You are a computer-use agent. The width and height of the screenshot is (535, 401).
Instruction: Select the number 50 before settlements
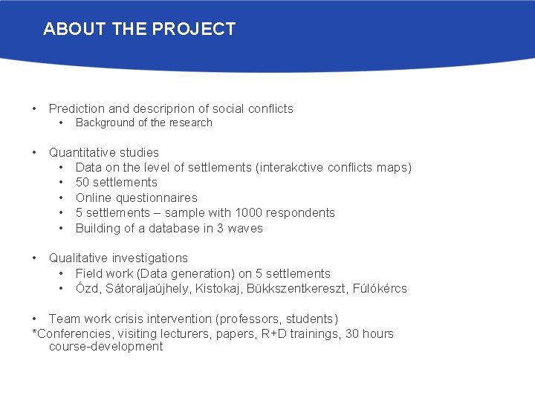point(83,183)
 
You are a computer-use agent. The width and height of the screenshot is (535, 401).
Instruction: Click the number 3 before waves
point(221,229)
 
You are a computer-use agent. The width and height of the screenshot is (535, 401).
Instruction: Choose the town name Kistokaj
point(218,289)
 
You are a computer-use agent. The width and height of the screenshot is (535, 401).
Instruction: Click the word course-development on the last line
point(106,347)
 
